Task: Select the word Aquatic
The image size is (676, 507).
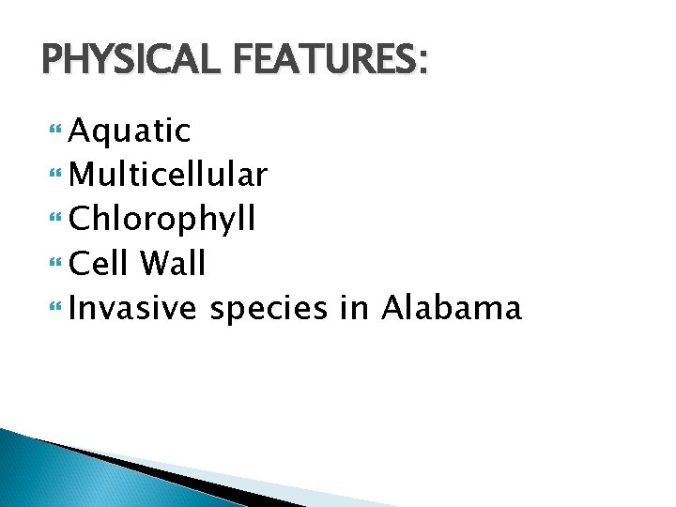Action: click(x=131, y=131)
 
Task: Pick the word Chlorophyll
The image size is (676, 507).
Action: click(x=162, y=220)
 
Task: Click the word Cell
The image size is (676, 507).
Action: click(x=99, y=264)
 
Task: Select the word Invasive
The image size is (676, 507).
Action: click(x=133, y=308)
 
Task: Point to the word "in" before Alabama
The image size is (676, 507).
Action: click(x=355, y=308)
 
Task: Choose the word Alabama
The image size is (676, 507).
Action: click(x=451, y=308)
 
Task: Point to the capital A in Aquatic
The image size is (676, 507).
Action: click(x=81, y=131)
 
